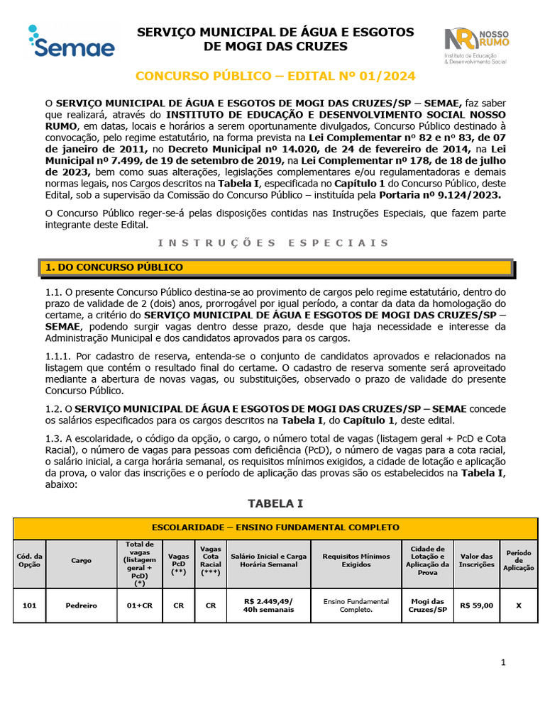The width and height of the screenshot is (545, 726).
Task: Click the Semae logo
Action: (x=71, y=42)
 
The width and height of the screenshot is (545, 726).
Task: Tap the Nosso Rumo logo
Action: (x=475, y=46)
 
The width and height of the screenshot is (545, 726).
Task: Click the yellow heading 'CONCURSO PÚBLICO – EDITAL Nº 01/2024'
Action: (x=275, y=76)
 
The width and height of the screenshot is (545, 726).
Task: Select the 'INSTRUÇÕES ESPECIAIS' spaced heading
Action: (x=273, y=242)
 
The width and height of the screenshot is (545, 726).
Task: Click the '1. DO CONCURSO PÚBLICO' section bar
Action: (x=274, y=267)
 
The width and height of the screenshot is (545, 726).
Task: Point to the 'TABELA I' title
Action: (x=275, y=503)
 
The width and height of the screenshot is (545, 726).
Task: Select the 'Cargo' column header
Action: (x=81, y=560)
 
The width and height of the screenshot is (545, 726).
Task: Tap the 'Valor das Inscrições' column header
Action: (x=476, y=560)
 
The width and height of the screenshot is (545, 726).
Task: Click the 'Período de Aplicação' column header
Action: (x=518, y=560)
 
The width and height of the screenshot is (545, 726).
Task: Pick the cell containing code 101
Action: (x=30, y=605)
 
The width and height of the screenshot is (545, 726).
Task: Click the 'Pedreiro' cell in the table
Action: (x=81, y=605)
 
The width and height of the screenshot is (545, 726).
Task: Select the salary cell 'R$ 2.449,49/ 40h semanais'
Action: (x=268, y=605)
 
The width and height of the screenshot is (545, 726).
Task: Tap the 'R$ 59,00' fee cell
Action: (x=476, y=605)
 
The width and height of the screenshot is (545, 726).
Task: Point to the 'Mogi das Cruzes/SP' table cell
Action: (x=427, y=605)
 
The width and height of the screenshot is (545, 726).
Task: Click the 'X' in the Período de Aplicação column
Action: (x=518, y=605)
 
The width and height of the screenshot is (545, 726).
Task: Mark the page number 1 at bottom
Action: (x=503, y=662)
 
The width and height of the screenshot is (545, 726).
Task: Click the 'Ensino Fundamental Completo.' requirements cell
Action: (x=356, y=605)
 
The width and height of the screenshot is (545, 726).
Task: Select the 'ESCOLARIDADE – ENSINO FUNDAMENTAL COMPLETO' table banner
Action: (x=275, y=527)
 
